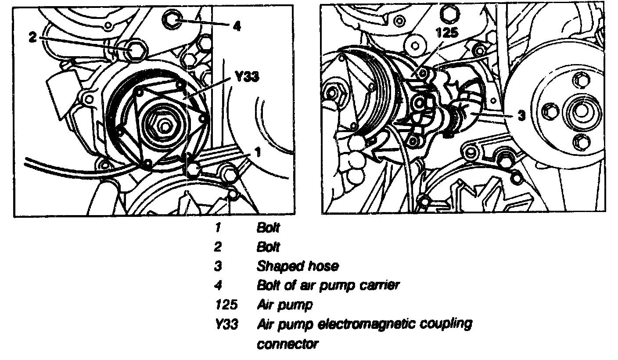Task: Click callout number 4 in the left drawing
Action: click(237, 26)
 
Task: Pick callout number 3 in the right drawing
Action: click(521, 115)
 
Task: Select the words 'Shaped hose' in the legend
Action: click(298, 266)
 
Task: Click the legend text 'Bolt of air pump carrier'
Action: click(328, 285)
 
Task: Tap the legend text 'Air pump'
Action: click(278, 304)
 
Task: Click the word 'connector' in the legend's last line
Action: click(287, 343)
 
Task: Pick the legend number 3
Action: click(218, 266)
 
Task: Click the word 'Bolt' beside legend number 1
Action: click(268, 228)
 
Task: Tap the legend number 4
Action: click(218, 285)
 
